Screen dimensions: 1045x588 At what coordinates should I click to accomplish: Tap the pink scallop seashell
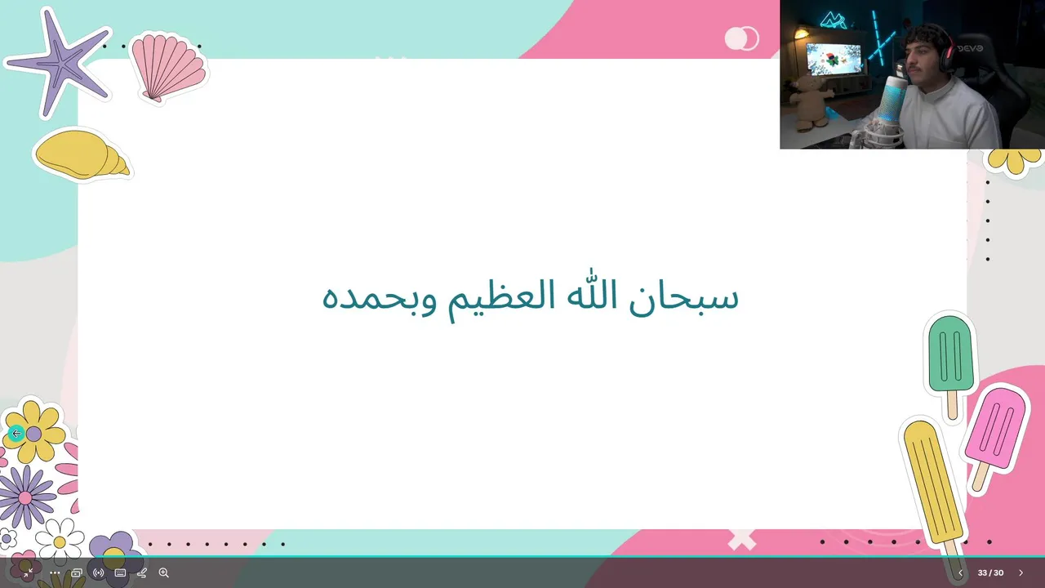(168, 68)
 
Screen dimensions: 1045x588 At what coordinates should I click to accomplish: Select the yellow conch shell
(82, 154)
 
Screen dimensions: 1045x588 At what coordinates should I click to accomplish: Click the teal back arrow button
(16, 434)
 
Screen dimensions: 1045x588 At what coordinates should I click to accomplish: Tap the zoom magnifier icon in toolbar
(164, 572)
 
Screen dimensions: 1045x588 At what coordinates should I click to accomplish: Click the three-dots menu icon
(55, 573)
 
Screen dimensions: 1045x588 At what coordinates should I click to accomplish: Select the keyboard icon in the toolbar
(120, 572)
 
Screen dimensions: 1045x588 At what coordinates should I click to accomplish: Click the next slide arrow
(1021, 572)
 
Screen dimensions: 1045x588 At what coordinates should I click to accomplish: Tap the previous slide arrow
(960, 572)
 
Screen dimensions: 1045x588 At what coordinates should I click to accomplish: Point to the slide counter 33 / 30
(990, 572)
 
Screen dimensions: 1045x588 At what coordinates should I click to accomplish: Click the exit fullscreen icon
(29, 572)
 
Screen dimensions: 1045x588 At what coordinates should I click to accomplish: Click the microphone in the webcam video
(892, 100)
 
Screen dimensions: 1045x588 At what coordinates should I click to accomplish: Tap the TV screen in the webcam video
(834, 60)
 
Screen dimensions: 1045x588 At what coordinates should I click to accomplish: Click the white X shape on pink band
(741, 540)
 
